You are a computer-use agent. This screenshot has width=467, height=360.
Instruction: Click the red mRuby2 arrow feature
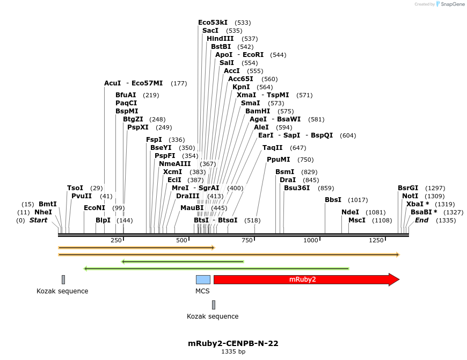tap(306, 279)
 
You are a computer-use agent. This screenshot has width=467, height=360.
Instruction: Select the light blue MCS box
tap(203, 279)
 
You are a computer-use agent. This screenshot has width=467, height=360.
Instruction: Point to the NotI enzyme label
tap(410, 196)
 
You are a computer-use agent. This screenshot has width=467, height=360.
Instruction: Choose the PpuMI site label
tap(279, 160)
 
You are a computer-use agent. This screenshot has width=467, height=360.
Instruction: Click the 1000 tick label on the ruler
tap(311, 240)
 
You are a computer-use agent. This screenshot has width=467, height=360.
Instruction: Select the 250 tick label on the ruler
tap(116, 240)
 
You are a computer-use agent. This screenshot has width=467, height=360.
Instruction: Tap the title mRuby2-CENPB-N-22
tap(233, 343)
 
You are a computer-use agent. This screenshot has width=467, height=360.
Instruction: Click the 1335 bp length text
tap(233, 352)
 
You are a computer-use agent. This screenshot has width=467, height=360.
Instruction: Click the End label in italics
tap(422, 220)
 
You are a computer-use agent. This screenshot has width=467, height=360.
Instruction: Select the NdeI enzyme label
tap(350, 212)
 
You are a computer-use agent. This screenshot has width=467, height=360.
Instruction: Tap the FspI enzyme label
tap(154, 140)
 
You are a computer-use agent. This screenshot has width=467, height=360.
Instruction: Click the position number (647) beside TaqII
tap(298, 148)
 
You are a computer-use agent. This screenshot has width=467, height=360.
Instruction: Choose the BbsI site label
tap(333, 200)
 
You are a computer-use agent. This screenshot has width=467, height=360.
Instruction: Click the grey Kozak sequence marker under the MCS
tap(214, 305)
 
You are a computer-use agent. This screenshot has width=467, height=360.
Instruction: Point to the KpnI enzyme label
tap(241, 87)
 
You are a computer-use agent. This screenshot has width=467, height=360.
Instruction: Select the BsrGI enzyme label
tap(408, 188)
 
